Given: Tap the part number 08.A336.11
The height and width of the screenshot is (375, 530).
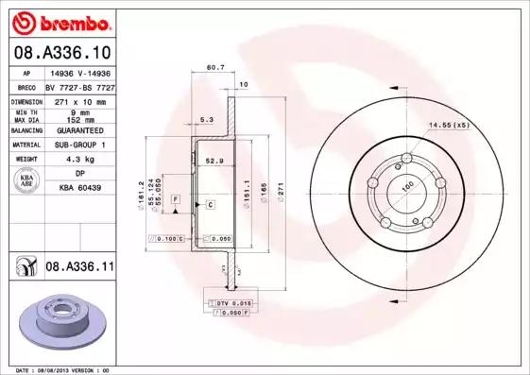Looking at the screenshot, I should click(79, 268).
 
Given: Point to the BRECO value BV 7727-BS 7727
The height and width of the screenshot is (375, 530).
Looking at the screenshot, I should click(79, 86).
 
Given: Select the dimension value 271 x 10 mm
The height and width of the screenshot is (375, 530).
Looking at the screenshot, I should click(79, 99).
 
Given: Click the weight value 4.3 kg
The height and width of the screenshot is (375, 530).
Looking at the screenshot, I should click(79, 161).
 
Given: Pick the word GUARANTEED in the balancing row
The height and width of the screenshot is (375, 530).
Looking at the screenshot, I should click(79, 130).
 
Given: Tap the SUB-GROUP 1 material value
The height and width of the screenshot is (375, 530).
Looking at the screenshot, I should click(79, 145).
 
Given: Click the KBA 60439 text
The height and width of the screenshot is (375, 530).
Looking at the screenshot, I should click(79, 188).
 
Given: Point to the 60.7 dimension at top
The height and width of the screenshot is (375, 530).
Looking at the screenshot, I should click(215, 67).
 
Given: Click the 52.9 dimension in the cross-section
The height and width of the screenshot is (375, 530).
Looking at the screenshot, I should click(215, 162).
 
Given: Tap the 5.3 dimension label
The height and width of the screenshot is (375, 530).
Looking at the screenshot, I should click(206, 121).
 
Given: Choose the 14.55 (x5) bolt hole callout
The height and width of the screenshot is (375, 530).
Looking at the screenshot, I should click(448, 125).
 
